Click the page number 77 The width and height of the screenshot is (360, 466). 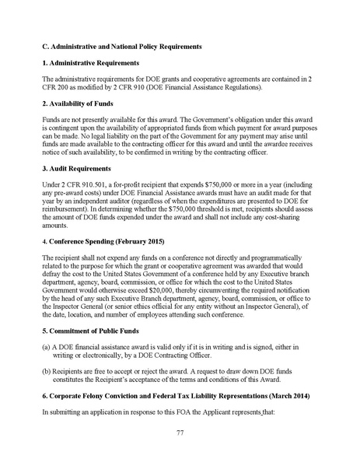[x=180, y=433]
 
